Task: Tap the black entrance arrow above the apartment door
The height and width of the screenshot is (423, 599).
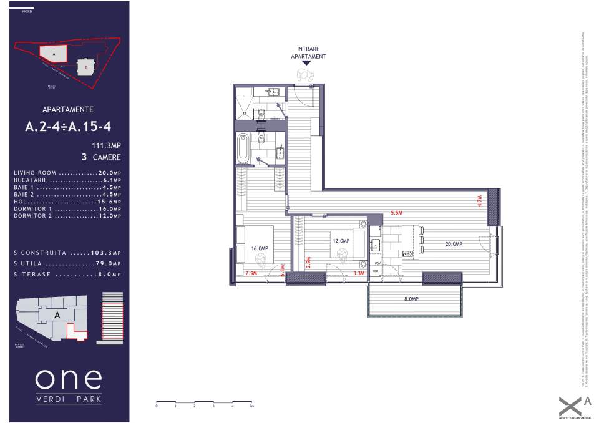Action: click(x=306, y=62)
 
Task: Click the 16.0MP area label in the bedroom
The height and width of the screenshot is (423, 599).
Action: click(x=259, y=248)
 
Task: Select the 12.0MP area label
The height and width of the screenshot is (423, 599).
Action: click(x=341, y=241)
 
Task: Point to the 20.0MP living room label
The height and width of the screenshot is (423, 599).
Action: click(x=453, y=244)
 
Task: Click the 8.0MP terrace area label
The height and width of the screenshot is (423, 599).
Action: click(x=411, y=299)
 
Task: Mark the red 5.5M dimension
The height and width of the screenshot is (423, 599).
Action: click(x=396, y=213)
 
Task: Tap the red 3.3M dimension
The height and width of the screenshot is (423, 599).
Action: click(x=359, y=273)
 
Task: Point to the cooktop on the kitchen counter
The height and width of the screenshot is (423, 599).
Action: click(x=408, y=253)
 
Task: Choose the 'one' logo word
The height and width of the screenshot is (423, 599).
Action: click(x=68, y=378)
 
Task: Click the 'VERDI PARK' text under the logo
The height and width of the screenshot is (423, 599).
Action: click(x=68, y=399)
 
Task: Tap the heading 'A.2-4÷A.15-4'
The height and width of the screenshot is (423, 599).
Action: click(x=68, y=127)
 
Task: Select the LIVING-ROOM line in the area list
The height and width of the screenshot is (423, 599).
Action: click(x=67, y=173)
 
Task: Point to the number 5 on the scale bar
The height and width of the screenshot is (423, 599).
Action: click(x=250, y=406)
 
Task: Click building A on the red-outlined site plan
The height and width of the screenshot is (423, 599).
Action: click(x=54, y=55)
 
